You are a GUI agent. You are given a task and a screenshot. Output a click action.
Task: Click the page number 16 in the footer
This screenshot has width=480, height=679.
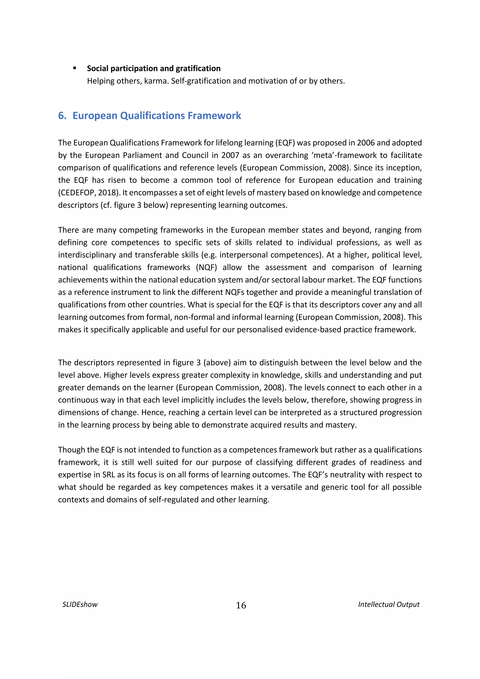point(241,605)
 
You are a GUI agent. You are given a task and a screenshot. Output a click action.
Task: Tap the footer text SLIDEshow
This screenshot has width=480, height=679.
point(80,604)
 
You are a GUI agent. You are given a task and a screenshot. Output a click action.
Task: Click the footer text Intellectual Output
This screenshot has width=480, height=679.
point(389,604)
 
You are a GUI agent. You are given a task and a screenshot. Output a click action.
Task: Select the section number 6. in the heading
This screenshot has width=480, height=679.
point(62,116)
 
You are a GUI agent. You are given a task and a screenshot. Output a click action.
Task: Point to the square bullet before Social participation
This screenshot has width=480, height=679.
point(75,68)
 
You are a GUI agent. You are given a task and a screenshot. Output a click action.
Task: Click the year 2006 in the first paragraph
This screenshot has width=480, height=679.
point(366,143)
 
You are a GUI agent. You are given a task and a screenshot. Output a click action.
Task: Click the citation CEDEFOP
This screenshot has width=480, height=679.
point(78,193)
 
